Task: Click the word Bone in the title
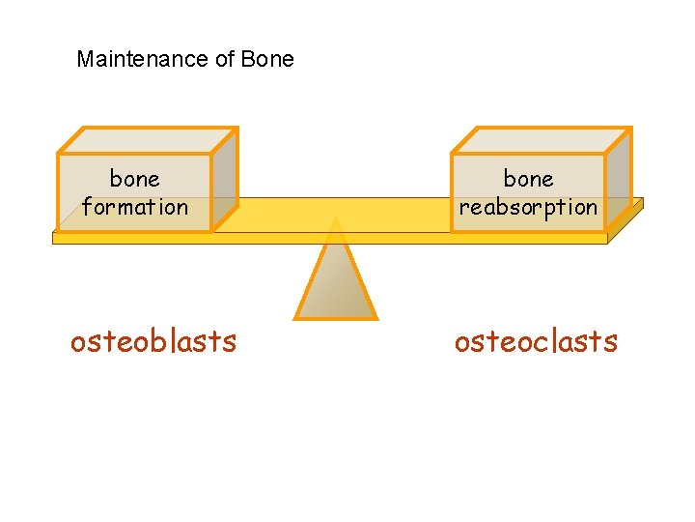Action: click(267, 59)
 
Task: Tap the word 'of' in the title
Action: click(225, 59)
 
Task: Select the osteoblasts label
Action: click(153, 341)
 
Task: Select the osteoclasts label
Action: click(536, 341)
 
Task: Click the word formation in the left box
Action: click(135, 207)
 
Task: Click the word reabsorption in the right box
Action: click(528, 207)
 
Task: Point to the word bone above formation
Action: click(135, 179)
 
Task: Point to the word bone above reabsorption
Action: click(528, 179)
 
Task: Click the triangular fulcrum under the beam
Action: click(335, 280)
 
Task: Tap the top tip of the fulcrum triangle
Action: click(335, 219)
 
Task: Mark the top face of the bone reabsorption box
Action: click(541, 140)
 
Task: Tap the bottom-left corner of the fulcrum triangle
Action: click(296, 316)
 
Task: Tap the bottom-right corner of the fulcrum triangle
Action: click(375, 316)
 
